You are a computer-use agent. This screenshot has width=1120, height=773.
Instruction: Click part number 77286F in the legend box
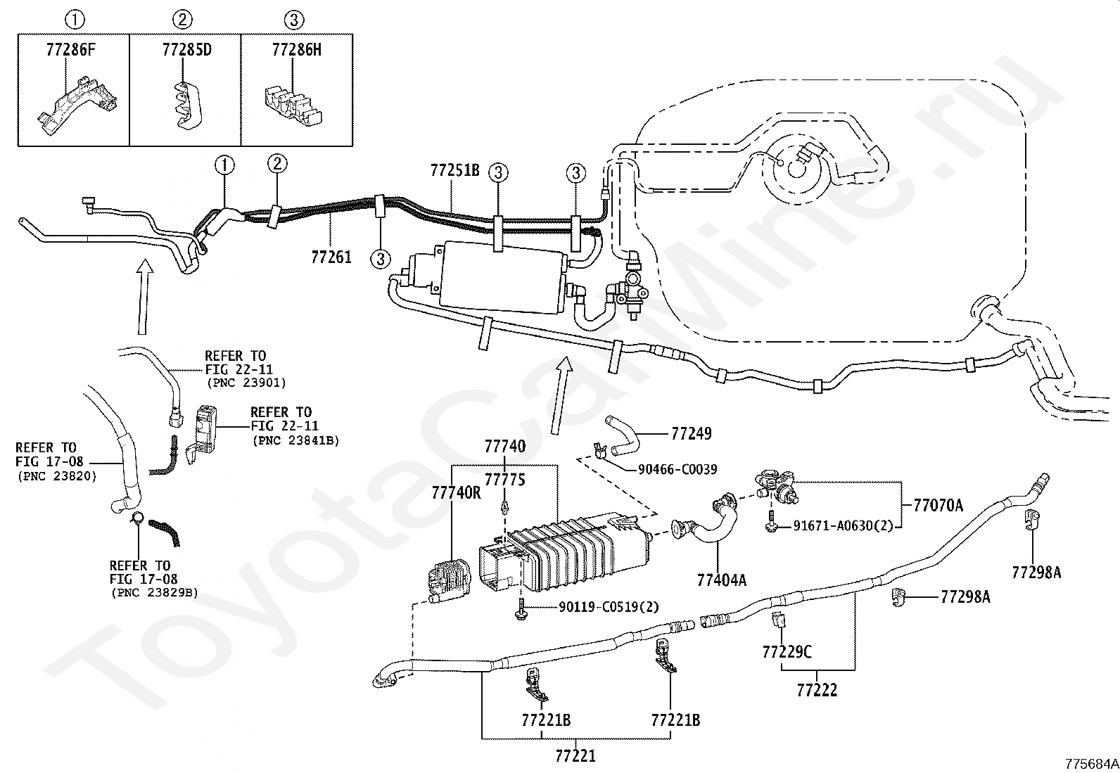(70, 50)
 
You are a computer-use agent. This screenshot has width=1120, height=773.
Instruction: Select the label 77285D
(187, 50)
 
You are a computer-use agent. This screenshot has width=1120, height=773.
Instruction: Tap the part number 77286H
(297, 50)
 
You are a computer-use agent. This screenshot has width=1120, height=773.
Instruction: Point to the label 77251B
(455, 170)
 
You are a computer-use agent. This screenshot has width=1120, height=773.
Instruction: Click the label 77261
(331, 257)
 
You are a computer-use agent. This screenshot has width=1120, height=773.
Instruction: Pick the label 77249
(692, 433)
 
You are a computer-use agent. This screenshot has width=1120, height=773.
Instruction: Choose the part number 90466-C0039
(677, 470)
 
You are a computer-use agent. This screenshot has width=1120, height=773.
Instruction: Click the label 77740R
(457, 493)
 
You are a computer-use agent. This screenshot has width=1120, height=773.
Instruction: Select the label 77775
(505, 480)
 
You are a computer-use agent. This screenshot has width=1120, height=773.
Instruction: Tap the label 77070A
(938, 506)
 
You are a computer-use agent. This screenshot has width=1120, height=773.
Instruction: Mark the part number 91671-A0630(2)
(843, 526)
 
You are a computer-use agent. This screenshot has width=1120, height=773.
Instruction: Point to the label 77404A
(722, 580)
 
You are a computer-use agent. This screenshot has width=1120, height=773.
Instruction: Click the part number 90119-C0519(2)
(609, 607)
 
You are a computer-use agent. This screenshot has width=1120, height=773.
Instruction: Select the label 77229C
(787, 652)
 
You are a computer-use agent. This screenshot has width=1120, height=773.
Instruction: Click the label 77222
(817, 690)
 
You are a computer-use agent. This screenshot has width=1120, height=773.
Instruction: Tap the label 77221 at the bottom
(575, 755)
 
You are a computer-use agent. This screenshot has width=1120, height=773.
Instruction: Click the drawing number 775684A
(1092, 764)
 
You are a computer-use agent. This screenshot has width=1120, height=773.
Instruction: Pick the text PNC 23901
(247, 383)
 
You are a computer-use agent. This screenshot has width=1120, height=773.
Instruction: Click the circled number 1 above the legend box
(75, 20)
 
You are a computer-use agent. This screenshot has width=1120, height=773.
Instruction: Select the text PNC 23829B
(155, 593)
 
